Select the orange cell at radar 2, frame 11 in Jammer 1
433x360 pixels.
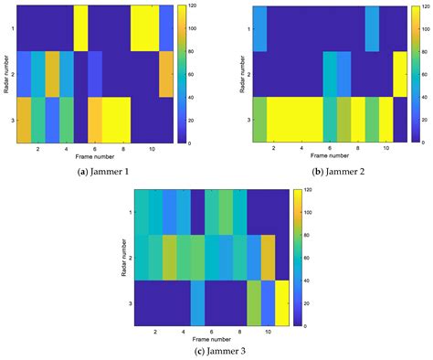(166, 73)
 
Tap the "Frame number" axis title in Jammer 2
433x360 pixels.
(331, 156)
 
